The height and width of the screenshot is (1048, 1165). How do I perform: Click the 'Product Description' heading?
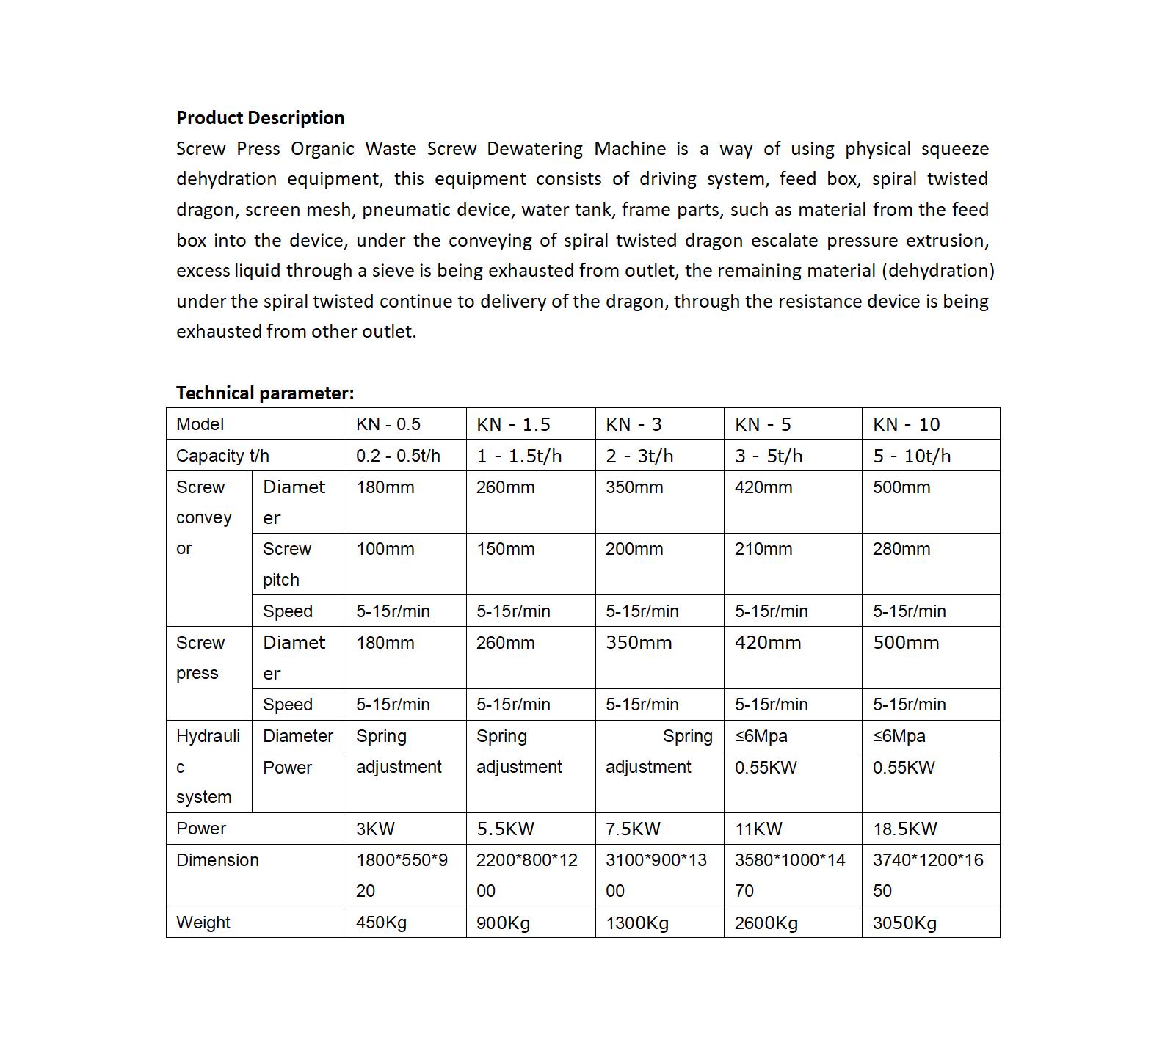tap(260, 118)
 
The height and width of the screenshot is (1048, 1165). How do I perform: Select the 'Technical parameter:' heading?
tap(264, 393)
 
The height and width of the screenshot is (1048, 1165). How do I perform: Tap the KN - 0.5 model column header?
tap(388, 424)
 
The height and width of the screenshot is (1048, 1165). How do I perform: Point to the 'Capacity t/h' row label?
tap(222, 456)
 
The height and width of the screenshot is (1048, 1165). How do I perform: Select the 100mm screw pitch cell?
tap(385, 549)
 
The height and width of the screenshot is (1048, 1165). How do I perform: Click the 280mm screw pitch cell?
tap(901, 549)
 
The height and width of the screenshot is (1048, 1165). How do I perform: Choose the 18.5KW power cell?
tap(904, 829)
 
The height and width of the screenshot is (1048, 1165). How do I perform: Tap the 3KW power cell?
tap(375, 829)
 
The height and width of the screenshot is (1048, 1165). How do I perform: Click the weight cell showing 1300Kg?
tap(636, 923)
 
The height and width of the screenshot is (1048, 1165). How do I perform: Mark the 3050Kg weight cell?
tap(904, 923)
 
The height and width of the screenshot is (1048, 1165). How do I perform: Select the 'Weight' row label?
tap(203, 923)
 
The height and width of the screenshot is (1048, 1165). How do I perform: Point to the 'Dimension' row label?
tap(217, 860)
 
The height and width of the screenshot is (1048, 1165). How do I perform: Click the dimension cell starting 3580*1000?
tap(790, 875)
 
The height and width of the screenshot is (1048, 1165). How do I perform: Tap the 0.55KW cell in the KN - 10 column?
tap(903, 768)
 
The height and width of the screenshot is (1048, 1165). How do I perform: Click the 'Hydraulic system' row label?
tap(208, 766)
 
